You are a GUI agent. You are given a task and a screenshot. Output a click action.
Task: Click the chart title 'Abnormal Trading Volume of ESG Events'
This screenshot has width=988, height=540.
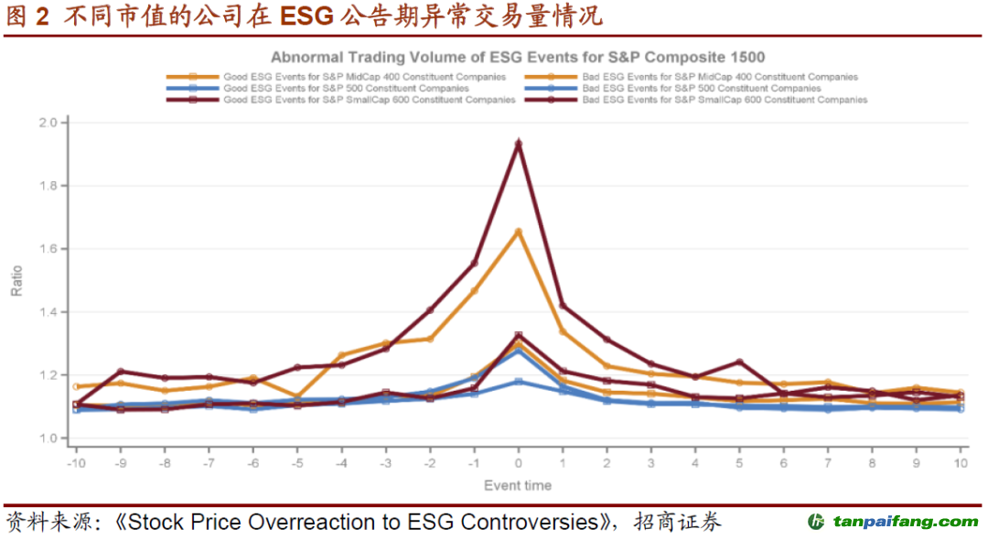pyautogui.click(x=518, y=57)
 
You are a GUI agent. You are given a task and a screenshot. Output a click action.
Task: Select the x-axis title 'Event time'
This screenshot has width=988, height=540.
pyautogui.click(x=518, y=485)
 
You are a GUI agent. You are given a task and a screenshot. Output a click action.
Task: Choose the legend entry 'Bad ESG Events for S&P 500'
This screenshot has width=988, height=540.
pyautogui.click(x=701, y=89)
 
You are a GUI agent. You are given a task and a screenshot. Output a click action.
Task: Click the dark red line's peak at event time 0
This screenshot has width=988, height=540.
pyautogui.click(x=519, y=144)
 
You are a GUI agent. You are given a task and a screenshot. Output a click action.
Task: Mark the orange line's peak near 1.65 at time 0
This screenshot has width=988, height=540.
pyautogui.click(x=519, y=232)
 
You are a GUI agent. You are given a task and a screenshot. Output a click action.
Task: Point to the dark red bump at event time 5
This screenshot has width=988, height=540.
pyautogui.click(x=739, y=362)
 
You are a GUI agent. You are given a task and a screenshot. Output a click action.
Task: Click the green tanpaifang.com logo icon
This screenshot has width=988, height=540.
pyautogui.click(x=816, y=522)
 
